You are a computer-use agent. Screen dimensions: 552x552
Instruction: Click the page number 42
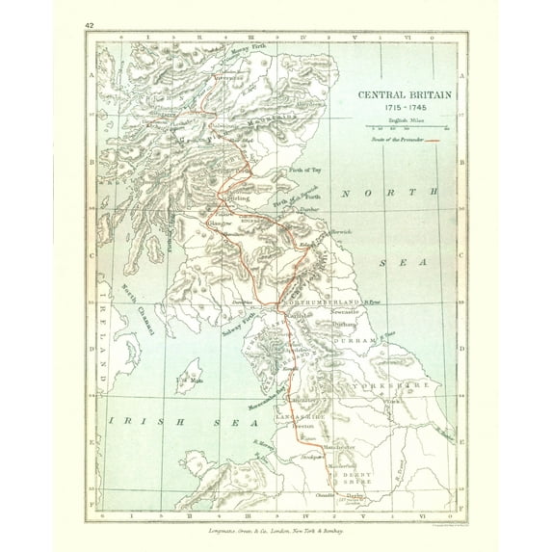pyautogui.click(x=90, y=24)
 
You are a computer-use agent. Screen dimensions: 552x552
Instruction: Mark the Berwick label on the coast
pyautogui.click(x=342, y=232)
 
